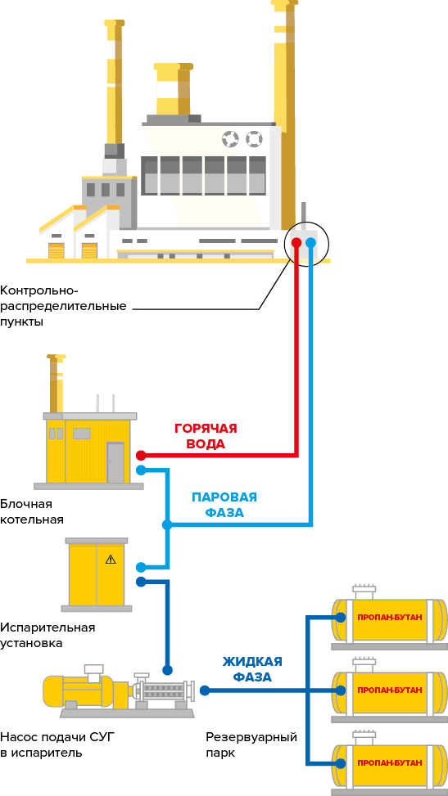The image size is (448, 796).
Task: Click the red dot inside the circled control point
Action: (x=296, y=242)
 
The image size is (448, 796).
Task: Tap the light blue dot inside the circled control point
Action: (x=310, y=242)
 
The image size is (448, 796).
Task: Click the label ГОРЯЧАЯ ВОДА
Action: (x=206, y=436)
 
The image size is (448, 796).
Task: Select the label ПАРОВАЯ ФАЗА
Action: (x=224, y=505)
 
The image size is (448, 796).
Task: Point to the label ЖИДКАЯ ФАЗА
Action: (x=253, y=669)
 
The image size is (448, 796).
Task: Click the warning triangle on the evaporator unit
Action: (x=111, y=560)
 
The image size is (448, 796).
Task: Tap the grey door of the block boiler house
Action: (x=115, y=462)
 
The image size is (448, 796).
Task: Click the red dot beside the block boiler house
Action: (x=141, y=455)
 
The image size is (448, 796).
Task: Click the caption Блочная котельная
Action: (x=32, y=512)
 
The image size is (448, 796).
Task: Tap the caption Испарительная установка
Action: (x=48, y=635)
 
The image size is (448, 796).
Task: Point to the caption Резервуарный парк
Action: (x=251, y=744)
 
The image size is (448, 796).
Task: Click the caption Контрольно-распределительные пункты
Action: (x=63, y=307)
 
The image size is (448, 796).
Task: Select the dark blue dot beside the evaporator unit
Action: (x=141, y=582)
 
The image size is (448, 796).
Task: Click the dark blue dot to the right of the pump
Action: (x=205, y=690)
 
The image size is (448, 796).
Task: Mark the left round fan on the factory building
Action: (x=230, y=138)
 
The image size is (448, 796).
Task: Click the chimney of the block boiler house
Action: (x=57, y=384)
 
